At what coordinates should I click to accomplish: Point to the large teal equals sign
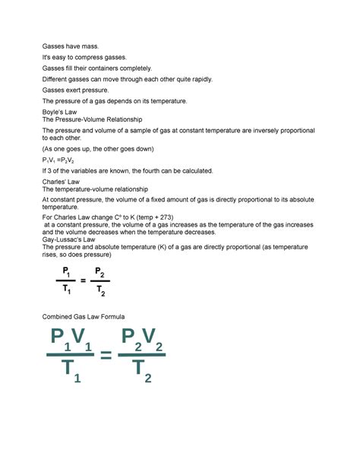106,356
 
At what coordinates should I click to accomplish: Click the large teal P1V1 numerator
71,339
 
